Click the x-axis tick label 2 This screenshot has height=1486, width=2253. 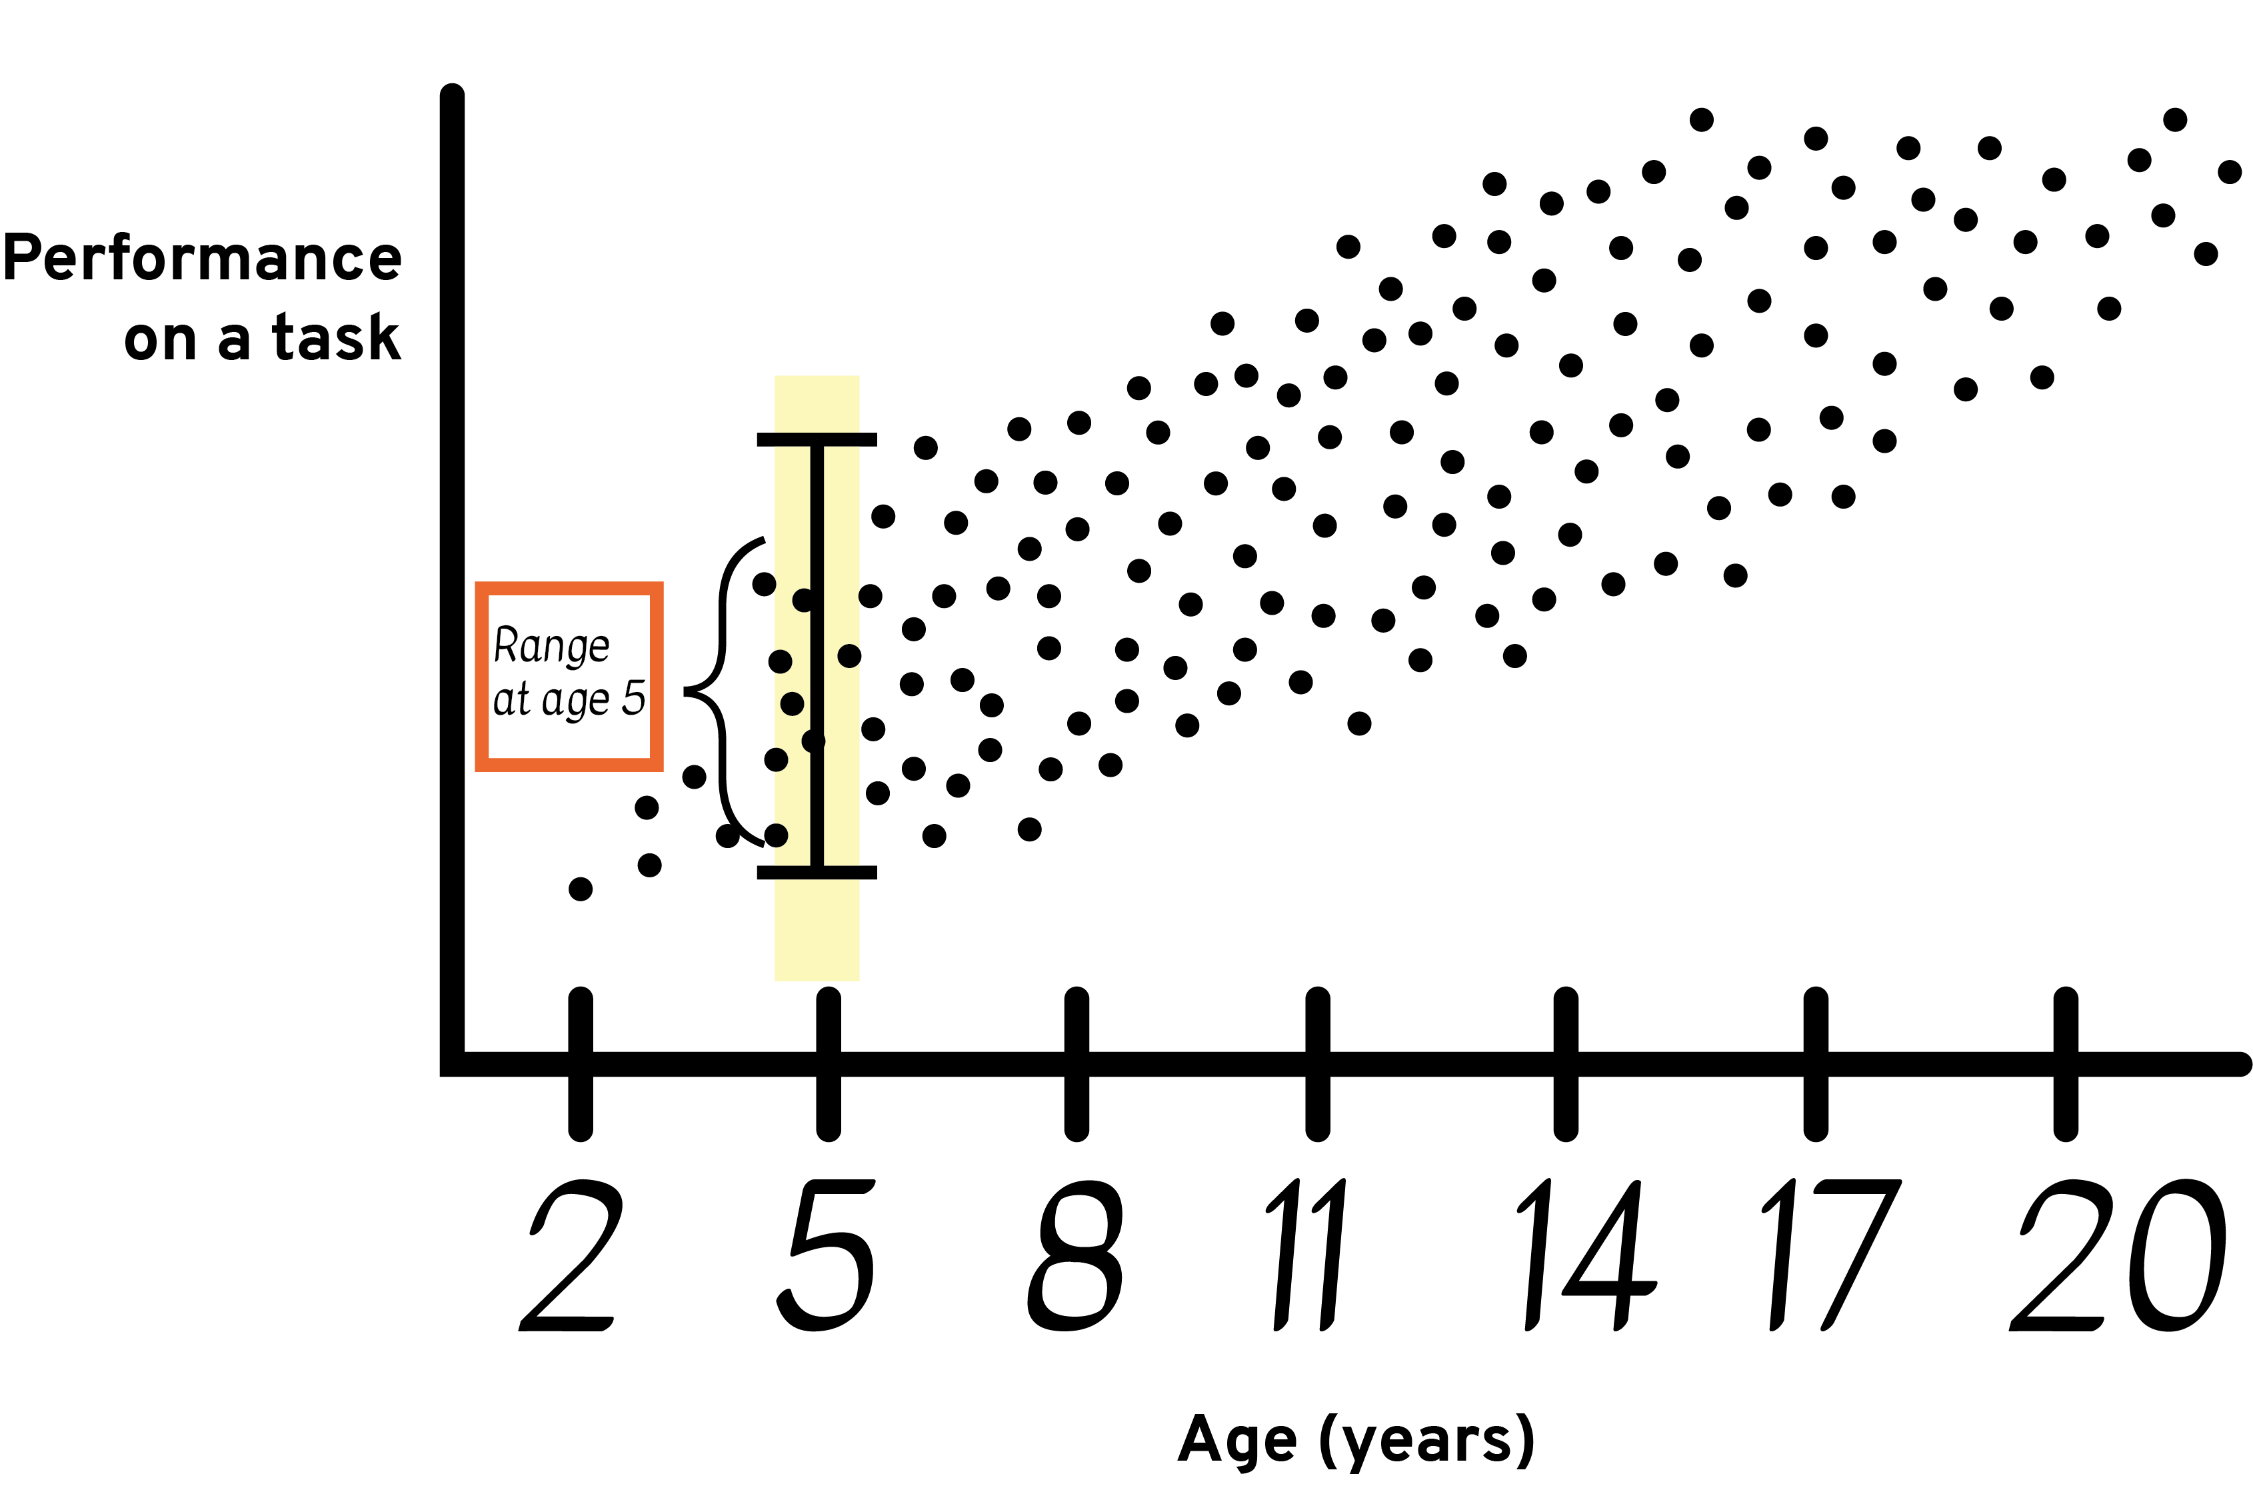click(571, 1255)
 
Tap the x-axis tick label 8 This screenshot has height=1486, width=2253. click(1075, 1255)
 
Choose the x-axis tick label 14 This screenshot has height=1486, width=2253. click(1587, 1255)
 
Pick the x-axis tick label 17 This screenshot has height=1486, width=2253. click(1830, 1255)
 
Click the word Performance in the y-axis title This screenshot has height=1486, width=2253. click(203, 258)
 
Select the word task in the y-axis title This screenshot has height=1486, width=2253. click(337, 337)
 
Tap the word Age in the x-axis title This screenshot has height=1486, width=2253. click(1236, 1441)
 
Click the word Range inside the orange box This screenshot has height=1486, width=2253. click(551, 647)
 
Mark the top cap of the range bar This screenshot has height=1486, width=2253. click(817, 440)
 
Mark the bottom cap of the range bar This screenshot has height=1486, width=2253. click(817, 873)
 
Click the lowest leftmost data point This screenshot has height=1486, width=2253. click(581, 889)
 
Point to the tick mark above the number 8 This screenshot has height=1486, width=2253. click(1077, 1063)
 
